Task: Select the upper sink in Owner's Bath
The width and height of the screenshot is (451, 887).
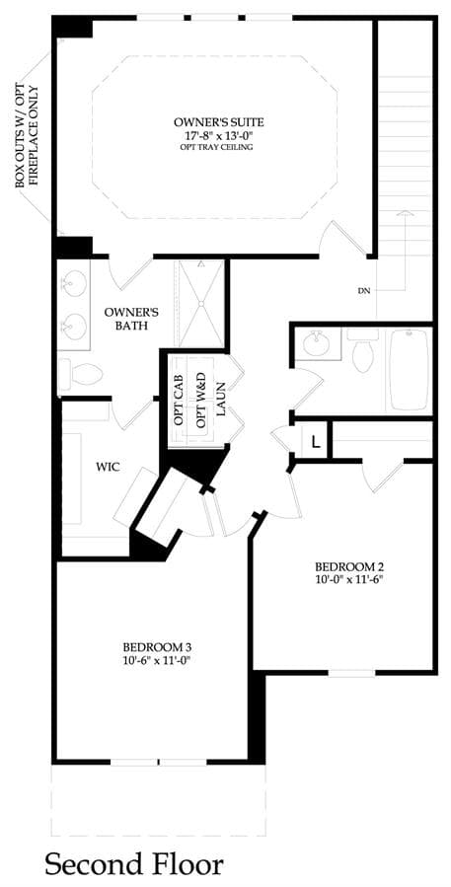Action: [x=74, y=281]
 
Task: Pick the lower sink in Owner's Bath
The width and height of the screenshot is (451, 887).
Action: [x=74, y=326]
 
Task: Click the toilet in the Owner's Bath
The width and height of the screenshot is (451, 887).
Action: [x=81, y=374]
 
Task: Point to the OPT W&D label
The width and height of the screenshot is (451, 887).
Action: [x=200, y=406]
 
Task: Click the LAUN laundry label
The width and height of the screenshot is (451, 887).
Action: [x=221, y=400]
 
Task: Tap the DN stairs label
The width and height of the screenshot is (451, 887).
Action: [x=364, y=291]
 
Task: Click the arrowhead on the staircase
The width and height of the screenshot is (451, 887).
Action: [x=405, y=213]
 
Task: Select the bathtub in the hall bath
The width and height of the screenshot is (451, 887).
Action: [x=410, y=369]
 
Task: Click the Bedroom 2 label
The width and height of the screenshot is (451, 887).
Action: [x=345, y=566]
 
